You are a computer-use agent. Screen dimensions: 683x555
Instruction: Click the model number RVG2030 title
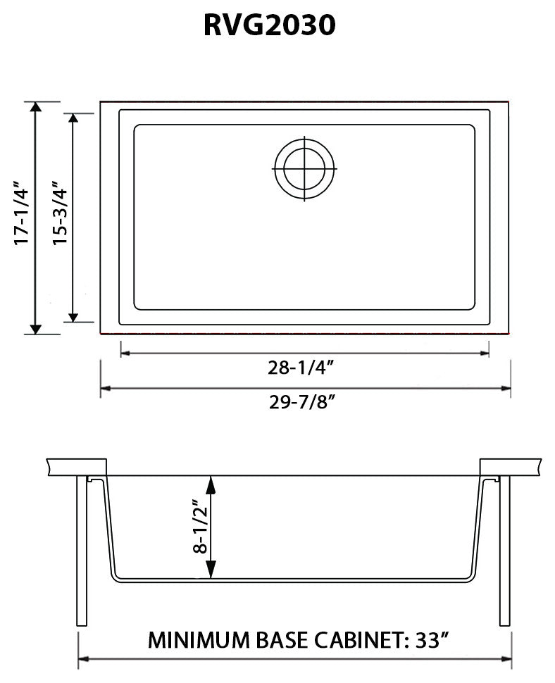(269, 25)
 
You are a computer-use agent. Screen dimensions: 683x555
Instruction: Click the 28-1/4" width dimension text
(304, 368)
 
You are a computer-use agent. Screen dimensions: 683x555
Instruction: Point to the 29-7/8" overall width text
(304, 403)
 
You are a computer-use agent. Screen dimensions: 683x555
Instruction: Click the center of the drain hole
(305, 169)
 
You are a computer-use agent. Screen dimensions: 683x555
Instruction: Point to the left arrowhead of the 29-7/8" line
(105, 387)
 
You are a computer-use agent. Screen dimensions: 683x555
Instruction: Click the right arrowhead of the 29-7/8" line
(506, 387)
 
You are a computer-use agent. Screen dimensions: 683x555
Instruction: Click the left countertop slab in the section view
(76, 467)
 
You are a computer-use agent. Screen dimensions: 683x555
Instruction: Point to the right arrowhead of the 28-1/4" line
(485, 350)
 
